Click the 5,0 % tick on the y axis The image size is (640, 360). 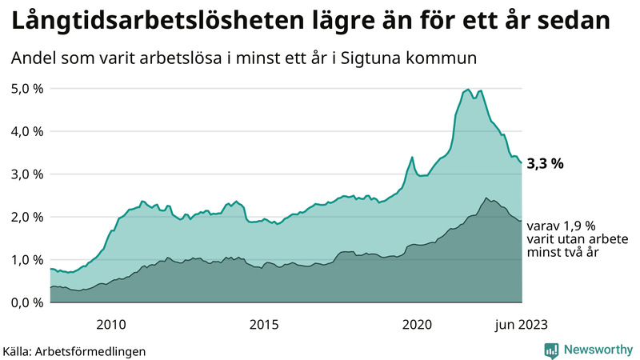[26, 88]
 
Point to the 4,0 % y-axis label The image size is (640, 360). [26, 131]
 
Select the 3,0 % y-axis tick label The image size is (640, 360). [26, 174]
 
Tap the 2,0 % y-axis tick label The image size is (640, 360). [26, 217]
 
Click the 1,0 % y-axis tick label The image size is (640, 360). [26, 259]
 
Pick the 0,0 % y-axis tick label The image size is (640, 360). [26, 302]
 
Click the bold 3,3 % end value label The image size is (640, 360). [546, 164]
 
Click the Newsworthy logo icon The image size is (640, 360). [551, 350]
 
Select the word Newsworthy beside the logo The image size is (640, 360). [598, 350]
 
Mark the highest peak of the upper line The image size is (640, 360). [468, 90]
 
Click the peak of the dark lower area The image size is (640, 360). [486, 198]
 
